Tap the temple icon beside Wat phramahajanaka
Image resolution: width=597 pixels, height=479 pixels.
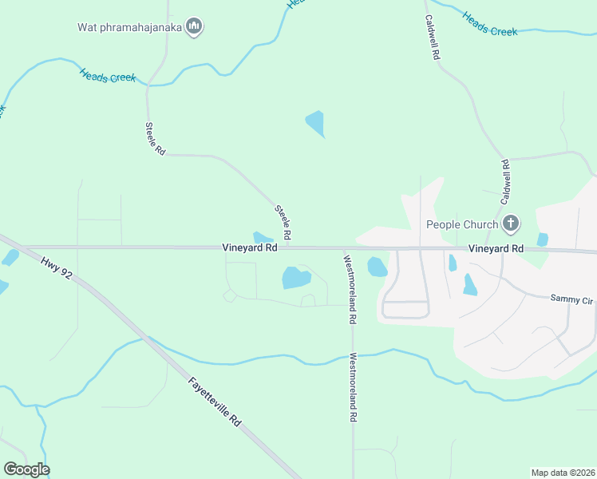click(193, 27)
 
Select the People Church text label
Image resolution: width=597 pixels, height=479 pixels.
click(461, 224)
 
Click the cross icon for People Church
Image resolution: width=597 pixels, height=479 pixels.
click(512, 224)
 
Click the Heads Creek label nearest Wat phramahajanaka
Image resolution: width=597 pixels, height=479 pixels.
click(108, 77)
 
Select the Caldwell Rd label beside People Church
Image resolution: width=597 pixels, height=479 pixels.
click(505, 181)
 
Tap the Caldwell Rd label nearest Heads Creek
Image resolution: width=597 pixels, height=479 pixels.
click(433, 39)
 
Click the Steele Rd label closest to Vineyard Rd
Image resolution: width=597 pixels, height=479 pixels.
click(283, 223)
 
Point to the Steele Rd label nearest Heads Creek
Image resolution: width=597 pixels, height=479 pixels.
click(155, 139)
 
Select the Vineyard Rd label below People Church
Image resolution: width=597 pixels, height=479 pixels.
click(496, 249)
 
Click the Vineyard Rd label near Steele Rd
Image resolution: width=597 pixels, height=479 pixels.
click(250, 248)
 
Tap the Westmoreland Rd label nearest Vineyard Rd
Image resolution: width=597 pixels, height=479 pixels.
click(349, 288)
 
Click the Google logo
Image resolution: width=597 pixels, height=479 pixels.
click(26, 469)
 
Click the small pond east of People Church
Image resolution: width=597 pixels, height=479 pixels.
click(543, 239)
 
